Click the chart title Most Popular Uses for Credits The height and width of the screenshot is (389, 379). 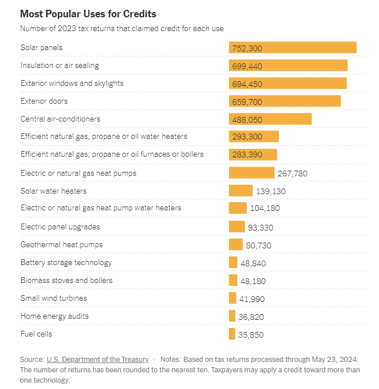pos(88,13)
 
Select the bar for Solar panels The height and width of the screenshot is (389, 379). pos(292,48)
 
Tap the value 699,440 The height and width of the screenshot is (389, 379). pos(247,66)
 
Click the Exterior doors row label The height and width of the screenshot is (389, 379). pos(44,101)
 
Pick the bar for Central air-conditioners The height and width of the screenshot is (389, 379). pos(270,119)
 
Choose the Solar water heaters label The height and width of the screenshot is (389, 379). pos(53,191)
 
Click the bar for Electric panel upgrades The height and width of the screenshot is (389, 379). pos(237,227)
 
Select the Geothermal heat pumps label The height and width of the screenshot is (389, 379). pos(61,245)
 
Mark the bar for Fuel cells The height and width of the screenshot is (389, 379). pos(232,334)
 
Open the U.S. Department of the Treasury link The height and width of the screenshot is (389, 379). pos(97,359)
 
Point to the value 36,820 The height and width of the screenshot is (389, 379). pos(251,317)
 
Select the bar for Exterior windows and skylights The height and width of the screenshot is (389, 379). pos(288,84)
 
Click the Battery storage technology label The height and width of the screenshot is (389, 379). pos(66,263)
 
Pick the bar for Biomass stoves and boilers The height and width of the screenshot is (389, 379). pos(233,281)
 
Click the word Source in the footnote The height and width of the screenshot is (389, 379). pos(31,359)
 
